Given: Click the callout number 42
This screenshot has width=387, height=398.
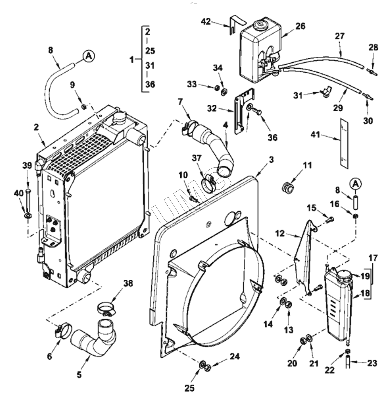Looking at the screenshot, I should pyautogui.click(x=206, y=21).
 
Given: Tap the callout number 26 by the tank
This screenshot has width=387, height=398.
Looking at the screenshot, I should pyautogui.click(x=300, y=26).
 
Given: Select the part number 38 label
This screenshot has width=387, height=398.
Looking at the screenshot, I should pyautogui.click(x=128, y=284).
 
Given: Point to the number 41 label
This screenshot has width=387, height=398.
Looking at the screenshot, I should pyautogui.click(x=316, y=134).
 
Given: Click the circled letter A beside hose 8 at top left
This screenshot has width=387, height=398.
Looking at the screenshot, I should pyautogui.click(x=88, y=56).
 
